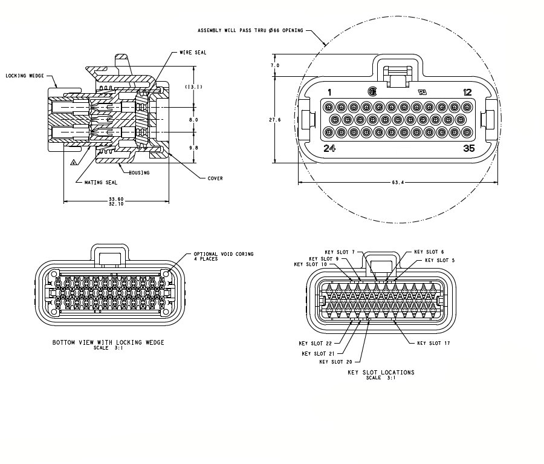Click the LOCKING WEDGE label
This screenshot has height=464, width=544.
(25, 76)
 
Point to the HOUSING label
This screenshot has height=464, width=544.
(138, 173)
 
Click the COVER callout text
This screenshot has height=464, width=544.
(215, 178)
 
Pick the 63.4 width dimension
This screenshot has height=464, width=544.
(397, 181)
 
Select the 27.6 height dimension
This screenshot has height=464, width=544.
(274, 120)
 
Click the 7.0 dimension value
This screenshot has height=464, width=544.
(275, 65)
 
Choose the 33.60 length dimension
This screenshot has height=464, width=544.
(115, 198)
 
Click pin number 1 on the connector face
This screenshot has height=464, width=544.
(329, 93)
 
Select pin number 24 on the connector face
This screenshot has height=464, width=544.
(329, 148)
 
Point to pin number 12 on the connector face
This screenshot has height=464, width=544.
(467, 93)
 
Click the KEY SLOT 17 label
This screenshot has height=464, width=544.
(433, 343)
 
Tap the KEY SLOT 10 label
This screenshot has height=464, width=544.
(310, 264)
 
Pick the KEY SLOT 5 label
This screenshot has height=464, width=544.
(441, 260)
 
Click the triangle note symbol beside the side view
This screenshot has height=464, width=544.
(74, 162)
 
